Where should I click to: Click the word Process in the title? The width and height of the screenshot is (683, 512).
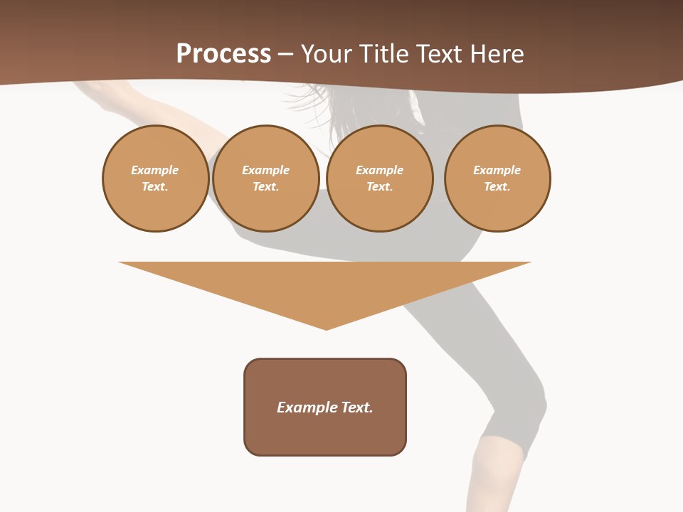tap(223, 53)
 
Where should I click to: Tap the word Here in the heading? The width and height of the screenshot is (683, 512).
tap(497, 53)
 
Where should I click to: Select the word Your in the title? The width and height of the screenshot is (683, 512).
tap(327, 53)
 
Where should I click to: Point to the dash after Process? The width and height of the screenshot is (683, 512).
tap(285, 55)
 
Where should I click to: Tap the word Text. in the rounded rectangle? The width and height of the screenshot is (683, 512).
tap(356, 407)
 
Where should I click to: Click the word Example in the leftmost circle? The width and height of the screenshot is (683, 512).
tap(155, 170)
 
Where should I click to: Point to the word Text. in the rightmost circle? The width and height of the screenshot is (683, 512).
tap(497, 186)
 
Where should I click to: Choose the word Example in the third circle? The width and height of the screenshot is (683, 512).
tap(379, 170)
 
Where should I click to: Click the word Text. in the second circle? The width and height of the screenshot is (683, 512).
tap(265, 186)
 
